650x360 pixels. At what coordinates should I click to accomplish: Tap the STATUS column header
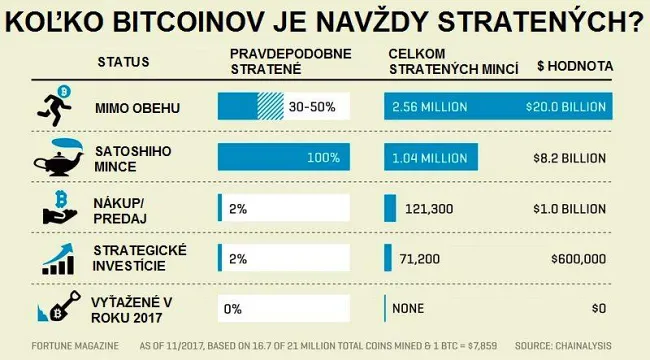[x=123, y=62]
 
